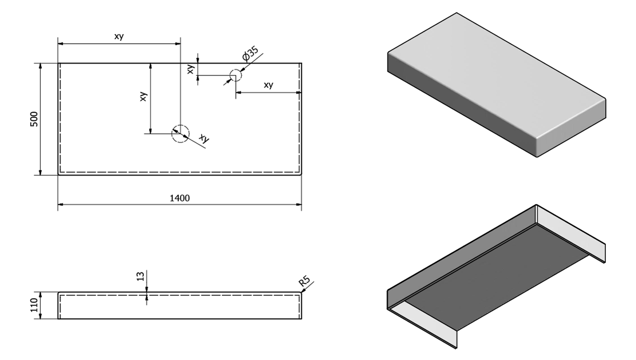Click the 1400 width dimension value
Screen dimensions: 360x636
click(x=179, y=198)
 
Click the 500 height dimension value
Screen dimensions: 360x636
click(x=34, y=119)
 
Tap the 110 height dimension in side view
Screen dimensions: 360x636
click(x=34, y=305)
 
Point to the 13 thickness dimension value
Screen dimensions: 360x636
click(x=141, y=276)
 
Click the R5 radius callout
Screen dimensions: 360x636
click(x=304, y=282)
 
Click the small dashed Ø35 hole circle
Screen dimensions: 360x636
click(x=235, y=76)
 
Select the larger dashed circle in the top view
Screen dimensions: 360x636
click(x=180, y=134)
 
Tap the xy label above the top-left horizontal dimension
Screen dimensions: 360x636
click(x=119, y=36)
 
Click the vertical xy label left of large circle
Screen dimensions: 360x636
click(x=143, y=96)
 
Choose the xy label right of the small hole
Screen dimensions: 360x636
click(x=268, y=85)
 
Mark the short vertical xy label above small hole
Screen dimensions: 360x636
click(x=191, y=69)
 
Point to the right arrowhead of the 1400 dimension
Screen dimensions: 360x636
click(x=299, y=204)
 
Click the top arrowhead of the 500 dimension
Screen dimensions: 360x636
click(x=40, y=66)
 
